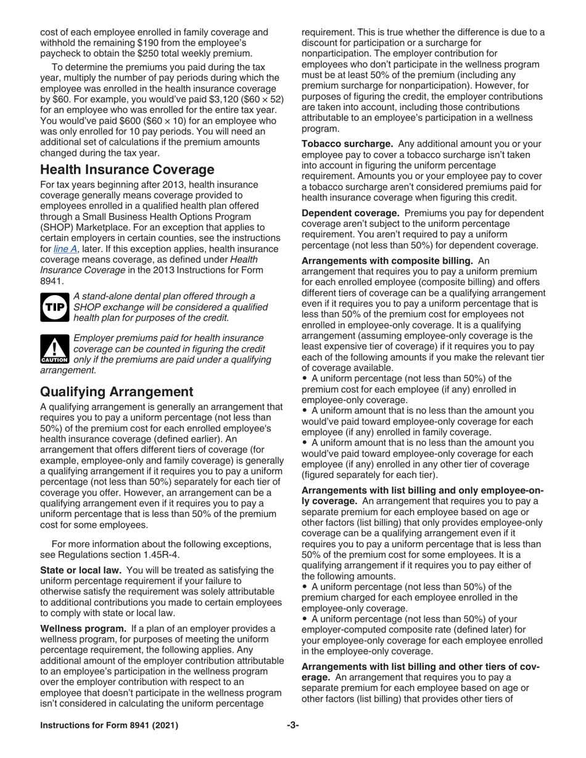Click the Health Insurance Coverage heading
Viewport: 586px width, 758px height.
point(127,169)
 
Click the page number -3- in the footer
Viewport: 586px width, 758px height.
point(293,725)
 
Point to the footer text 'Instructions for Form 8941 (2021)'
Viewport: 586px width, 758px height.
point(109,725)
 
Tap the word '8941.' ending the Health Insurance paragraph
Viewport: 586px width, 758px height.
point(52,280)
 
